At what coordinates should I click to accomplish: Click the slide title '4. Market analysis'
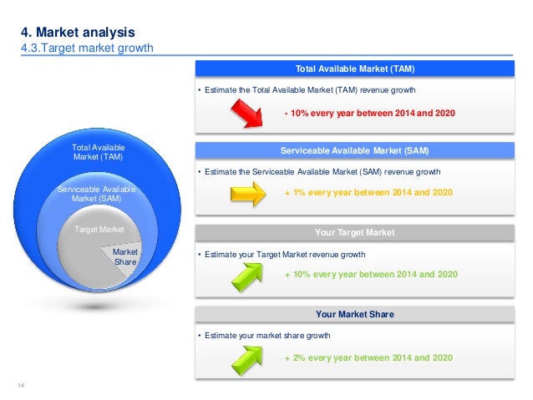coord(77,33)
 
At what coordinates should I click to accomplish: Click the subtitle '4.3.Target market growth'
coord(87,48)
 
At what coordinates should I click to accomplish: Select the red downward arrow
coord(245,112)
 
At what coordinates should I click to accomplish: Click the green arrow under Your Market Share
coord(246,357)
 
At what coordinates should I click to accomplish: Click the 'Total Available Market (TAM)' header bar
coord(355,68)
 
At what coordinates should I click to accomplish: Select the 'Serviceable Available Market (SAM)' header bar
coord(355,151)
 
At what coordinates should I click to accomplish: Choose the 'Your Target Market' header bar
coord(355,233)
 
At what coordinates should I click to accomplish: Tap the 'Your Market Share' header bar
coord(355,315)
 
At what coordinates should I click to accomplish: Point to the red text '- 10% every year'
coord(370,112)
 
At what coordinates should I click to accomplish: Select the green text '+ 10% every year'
coord(371,274)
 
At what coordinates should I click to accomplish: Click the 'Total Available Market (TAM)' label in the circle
coord(99,152)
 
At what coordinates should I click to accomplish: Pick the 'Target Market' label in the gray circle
coord(100,228)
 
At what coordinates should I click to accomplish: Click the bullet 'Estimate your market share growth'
coord(266,336)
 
